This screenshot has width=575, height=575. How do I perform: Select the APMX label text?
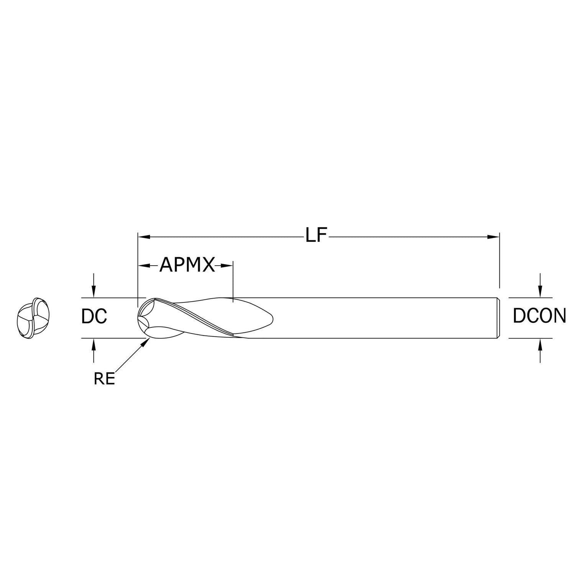click(x=187, y=264)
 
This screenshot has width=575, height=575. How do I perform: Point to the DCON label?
click(x=539, y=316)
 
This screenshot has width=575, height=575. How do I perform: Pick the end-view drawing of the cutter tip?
click(x=34, y=318)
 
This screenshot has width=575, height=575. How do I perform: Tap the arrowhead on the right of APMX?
click(x=227, y=265)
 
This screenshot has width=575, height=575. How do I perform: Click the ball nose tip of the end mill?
click(x=138, y=318)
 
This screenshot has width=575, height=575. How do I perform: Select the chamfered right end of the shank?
click(x=498, y=318)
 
